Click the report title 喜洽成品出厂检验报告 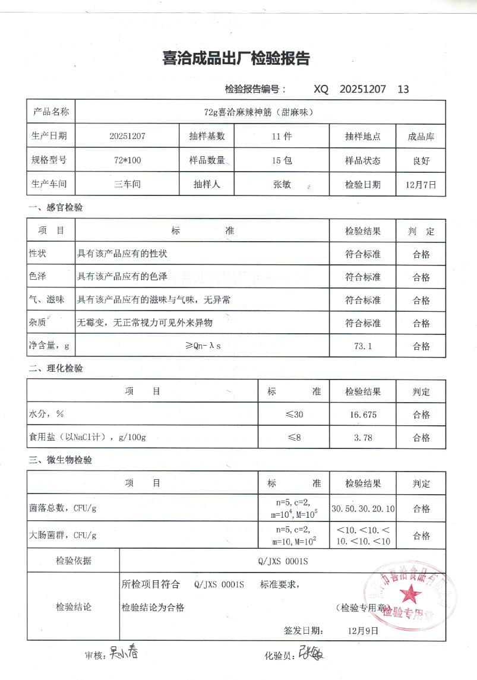pyautogui.click(x=236, y=59)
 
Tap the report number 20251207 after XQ pyautogui.click(x=363, y=89)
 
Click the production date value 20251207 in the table pyautogui.click(x=127, y=136)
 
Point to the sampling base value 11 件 pyautogui.click(x=282, y=136)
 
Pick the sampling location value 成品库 pyautogui.click(x=421, y=136)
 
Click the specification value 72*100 pyautogui.click(x=127, y=160)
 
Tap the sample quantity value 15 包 pyautogui.click(x=282, y=160)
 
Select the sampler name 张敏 pyautogui.click(x=282, y=184)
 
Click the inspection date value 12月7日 pyautogui.click(x=421, y=184)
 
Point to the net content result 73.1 pyautogui.click(x=362, y=346)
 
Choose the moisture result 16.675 pyautogui.click(x=362, y=415)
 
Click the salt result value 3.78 pyautogui.click(x=362, y=438)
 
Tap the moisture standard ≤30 pyautogui.click(x=294, y=415)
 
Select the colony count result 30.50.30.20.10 pyautogui.click(x=362, y=509)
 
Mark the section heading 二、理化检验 pyautogui.click(x=56, y=369)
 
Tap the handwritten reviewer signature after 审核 pyautogui.click(x=123, y=654)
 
